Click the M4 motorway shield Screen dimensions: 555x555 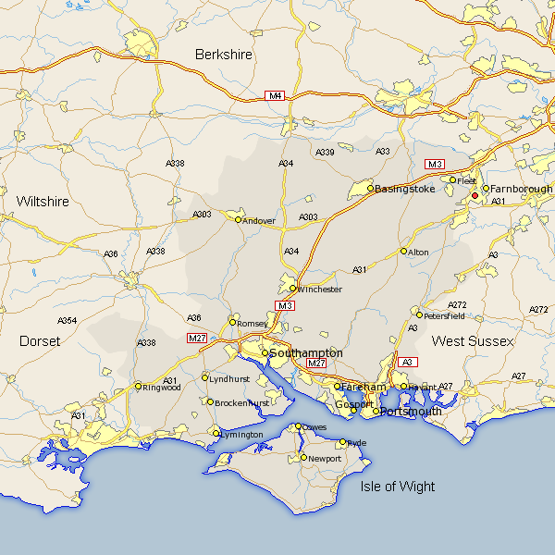tap(275, 96)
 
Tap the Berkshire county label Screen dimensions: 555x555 tap(224, 55)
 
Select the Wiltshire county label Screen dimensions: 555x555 tap(43, 201)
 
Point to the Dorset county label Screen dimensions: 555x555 tap(40, 341)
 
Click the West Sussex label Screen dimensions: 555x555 tap(472, 341)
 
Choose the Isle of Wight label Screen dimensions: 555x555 tap(398, 487)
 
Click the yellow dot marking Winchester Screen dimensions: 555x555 tap(293, 289)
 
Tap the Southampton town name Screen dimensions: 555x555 tap(306, 353)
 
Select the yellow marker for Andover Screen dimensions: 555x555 tap(239, 220)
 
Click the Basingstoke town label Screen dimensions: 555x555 tap(404, 189)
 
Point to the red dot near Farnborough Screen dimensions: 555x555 tap(475, 196)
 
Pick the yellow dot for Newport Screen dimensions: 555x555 tap(303, 458)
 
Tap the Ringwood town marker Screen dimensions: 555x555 tap(139, 387)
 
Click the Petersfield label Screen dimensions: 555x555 tap(444, 315)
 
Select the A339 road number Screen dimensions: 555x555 tap(325, 152)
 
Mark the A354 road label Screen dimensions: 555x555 tap(68, 321)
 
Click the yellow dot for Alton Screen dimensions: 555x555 tap(403, 252)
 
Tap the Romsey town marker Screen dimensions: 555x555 tap(233, 322)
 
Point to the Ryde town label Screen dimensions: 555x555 tap(357, 443)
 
